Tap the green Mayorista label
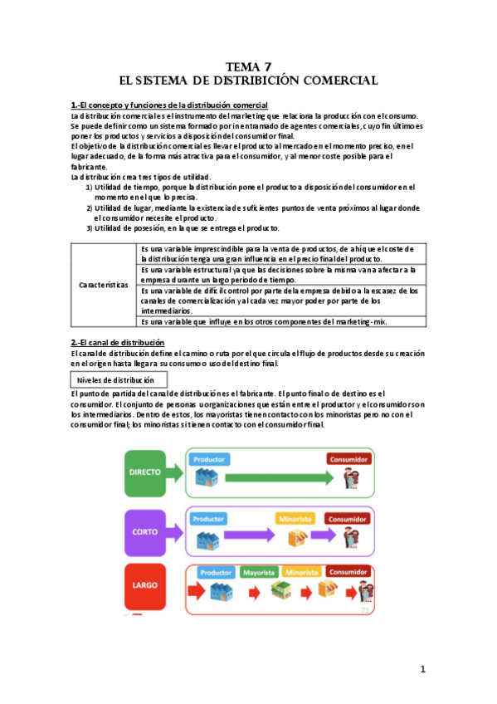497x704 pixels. (259, 573)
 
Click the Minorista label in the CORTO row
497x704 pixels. (295, 519)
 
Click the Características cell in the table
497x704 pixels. (103, 285)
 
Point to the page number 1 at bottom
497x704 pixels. (422, 669)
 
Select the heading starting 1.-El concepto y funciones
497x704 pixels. (169, 105)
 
